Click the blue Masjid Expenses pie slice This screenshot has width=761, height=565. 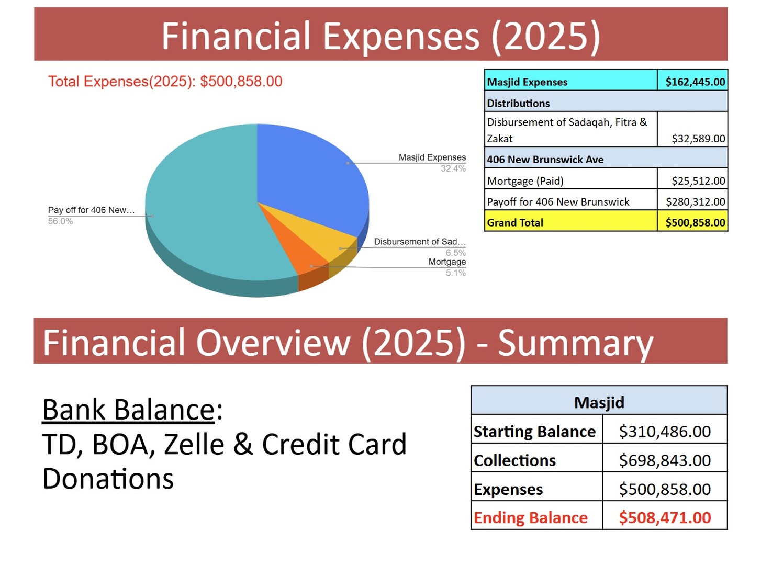tap(309, 173)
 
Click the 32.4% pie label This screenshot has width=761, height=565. tap(453, 168)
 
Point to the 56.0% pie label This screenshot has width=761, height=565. tap(61, 221)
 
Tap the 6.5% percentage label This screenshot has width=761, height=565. tap(455, 253)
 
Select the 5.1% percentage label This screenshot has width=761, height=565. tap(455, 273)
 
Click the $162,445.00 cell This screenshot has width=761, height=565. tap(695, 82)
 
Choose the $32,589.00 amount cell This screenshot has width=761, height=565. tap(698, 139)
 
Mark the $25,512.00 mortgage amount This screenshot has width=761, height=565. tap(698, 181)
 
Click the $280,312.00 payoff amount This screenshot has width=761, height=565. tap(695, 202)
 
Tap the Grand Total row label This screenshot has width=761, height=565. tap(515, 223)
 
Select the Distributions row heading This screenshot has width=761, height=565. tap(518, 103)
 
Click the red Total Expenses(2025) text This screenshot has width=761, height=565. tap(165, 82)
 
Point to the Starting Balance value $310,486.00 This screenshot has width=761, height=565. tap(665, 432)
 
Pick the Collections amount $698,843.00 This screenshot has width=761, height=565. tap(665, 460)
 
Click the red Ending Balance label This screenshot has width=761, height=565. tap(531, 518)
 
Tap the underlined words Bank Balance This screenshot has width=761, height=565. tap(129, 410)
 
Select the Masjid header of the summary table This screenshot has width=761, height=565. tap(599, 402)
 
